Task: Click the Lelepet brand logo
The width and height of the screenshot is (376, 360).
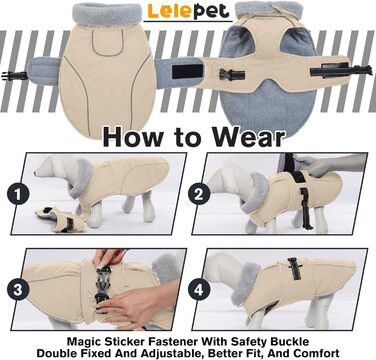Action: tap(188, 11)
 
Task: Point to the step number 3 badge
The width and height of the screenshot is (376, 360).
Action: tap(18, 290)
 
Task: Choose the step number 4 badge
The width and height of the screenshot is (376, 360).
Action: tap(199, 290)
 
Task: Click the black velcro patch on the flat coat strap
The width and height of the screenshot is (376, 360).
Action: tap(187, 71)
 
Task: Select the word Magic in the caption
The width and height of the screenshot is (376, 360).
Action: tap(85, 342)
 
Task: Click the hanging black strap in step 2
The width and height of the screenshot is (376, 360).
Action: tap(306, 209)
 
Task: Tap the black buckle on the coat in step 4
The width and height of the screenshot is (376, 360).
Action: tap(295, 268)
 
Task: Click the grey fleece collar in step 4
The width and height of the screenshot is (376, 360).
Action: tap(246, 283)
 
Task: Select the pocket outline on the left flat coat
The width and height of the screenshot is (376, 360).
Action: tap(107, 42)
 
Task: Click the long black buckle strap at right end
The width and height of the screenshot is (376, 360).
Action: tap(341, 71)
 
